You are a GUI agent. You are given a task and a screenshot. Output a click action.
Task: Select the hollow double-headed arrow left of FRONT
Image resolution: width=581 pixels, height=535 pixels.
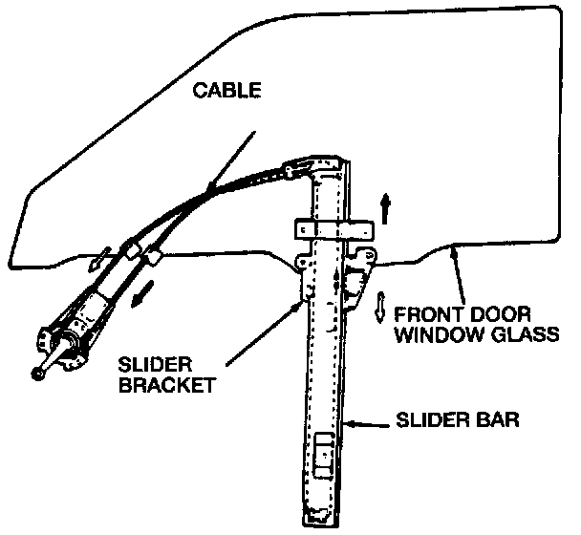pyautogui.click(x=380, y=306)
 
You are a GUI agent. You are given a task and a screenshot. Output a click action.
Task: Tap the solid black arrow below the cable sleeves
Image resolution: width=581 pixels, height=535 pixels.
pyautogui.click(x=142, y=293)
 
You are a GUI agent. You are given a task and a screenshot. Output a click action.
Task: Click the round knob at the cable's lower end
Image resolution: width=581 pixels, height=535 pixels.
pyautogui.click(x=38, y=374)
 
